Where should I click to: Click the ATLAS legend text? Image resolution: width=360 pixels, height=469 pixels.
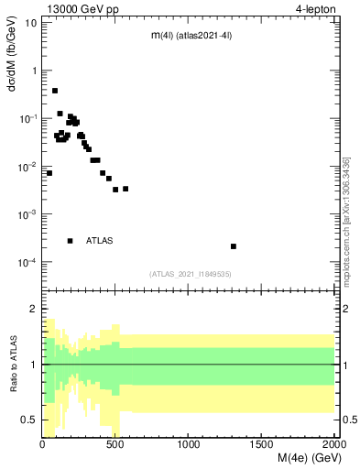pyautogui.click(x=100, y=241)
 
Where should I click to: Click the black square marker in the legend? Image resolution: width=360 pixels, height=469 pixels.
pyautogui.click(x=70, y=241)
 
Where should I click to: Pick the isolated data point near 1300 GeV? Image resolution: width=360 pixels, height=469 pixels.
pyautogui.click(x=234, y=246)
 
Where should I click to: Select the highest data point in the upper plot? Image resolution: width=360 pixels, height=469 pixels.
pyautogui.click(x=55, y=91)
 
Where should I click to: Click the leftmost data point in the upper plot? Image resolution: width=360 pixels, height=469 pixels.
pyautogui.click(x=49, y=173)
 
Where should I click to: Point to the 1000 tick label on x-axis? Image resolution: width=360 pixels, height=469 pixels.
pyautogui.click(x=189, y=446)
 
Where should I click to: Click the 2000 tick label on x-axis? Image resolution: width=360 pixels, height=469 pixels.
pyautogui.click(x=332, y=446)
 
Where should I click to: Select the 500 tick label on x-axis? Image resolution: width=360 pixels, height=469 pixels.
pyautogui.click(x=115, y=446)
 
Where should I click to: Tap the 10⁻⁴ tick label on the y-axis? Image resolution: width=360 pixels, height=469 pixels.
pyautogui.click(x=28, y=262)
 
